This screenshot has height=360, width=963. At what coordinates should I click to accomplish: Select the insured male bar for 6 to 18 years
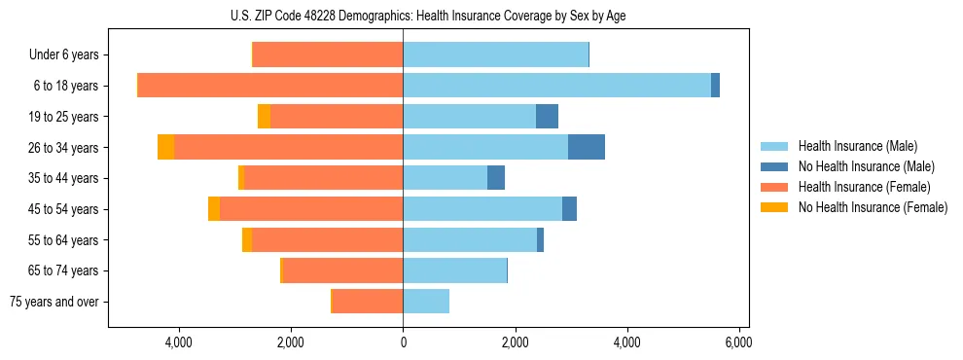[556, 86]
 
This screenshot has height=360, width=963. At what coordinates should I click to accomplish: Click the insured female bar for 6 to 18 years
[270, 86]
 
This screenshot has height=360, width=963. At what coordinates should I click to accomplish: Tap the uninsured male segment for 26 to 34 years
[587, 147]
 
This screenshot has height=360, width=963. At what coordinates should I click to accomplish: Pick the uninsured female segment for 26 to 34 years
[166, 147]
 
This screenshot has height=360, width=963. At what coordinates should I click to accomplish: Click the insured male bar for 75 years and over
[426, 302]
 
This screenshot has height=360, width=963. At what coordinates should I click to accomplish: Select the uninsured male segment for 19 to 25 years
[547, 117]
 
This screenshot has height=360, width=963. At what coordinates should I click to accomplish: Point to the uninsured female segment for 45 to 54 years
[214, 209]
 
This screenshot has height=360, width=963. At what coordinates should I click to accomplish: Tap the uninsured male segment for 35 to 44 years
[496, 178]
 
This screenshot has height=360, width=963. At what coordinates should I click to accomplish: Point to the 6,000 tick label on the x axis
[738, 342]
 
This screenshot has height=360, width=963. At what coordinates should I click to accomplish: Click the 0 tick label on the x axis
[403, 342]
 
